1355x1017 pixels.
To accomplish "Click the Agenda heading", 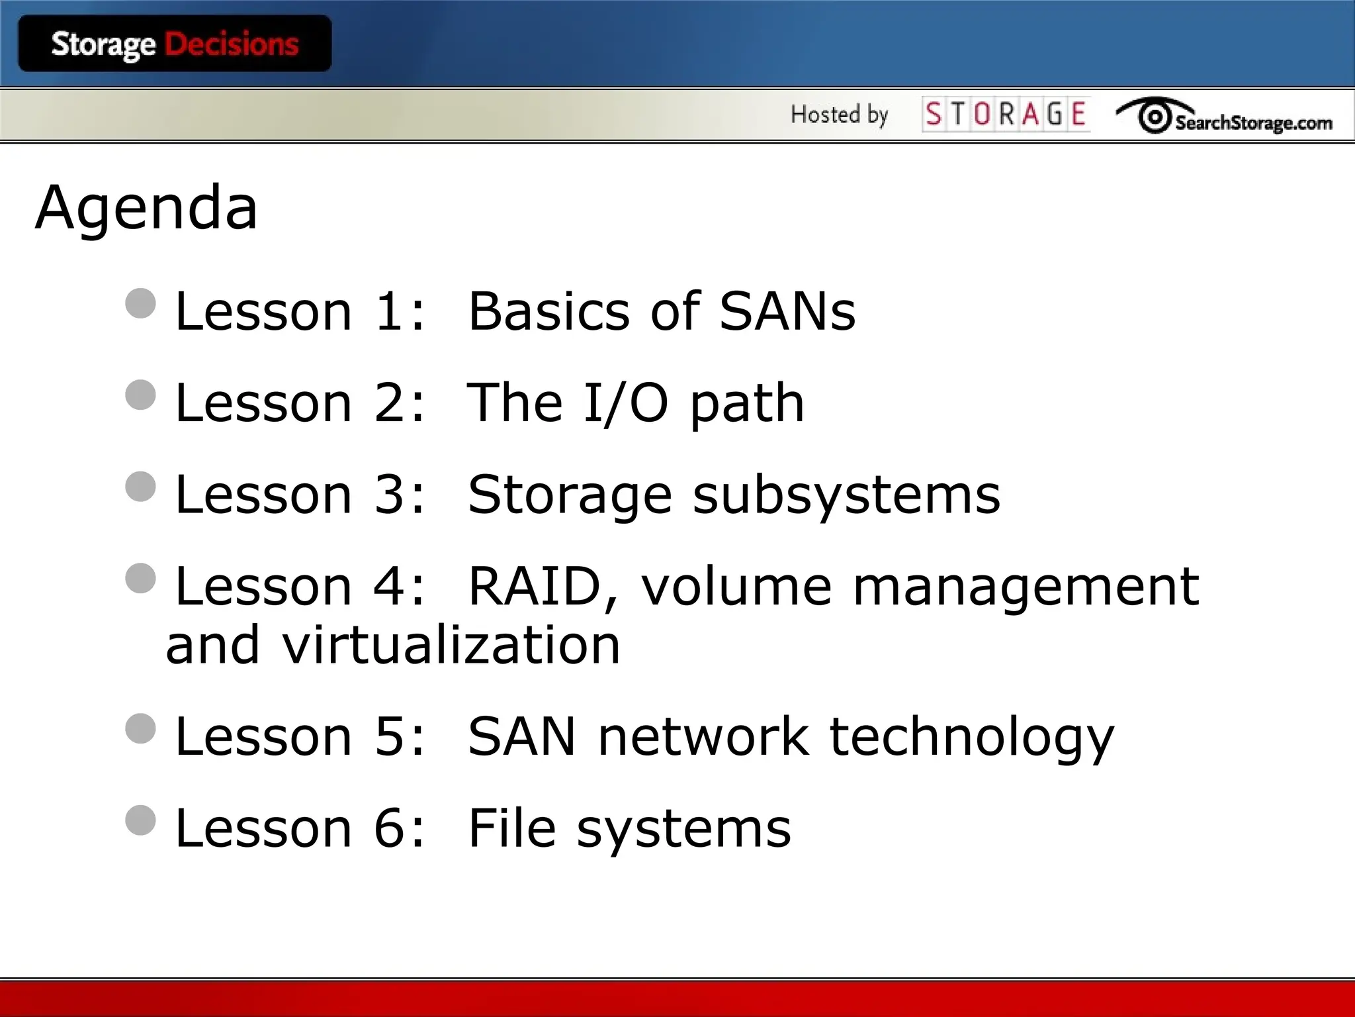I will click(x=146, y=208).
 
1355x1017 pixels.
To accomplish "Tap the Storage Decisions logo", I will click(x=175, y=44).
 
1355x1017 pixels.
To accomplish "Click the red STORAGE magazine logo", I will click(x=1006, y=114).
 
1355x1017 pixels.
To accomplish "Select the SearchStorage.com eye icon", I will click(x=1155, y=117).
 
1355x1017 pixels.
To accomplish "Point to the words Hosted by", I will click(x=839, y=115).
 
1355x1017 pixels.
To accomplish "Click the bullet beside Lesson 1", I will click(x=140, y=303).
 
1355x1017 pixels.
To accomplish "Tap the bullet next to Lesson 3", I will click(x=140, y=487).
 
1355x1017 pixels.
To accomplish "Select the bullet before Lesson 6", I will click(x=140, y=820).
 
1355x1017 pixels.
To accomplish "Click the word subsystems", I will click(x=846, y=495).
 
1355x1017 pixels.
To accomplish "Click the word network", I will click(x=703, y=736).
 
